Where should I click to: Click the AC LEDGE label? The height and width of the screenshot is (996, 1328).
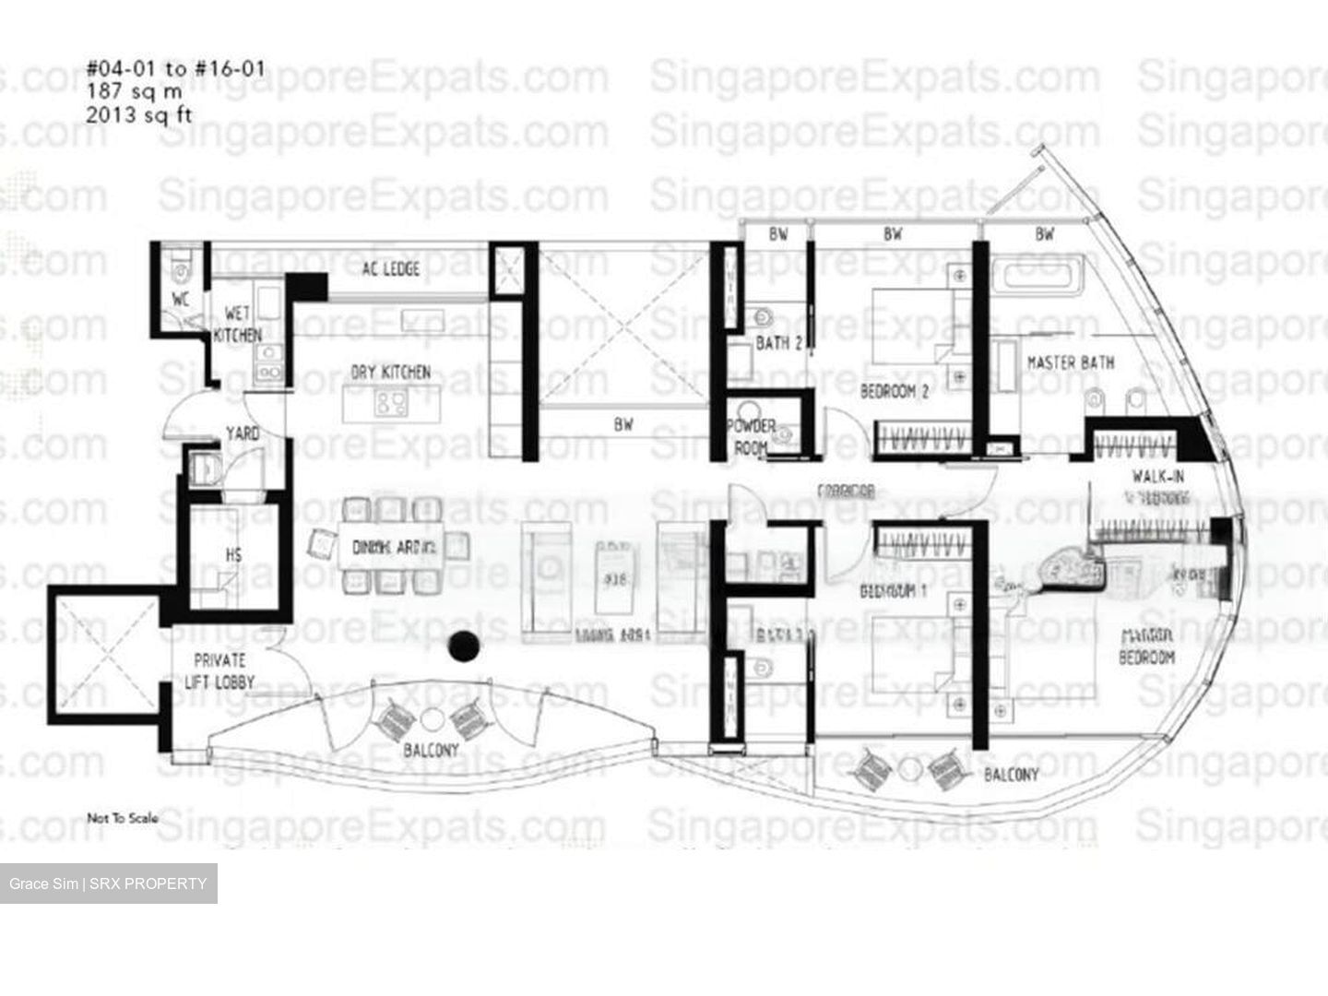click(390, 268)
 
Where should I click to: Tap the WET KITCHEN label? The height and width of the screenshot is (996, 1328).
click(237, 325)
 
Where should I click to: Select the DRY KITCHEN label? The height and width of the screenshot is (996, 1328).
click(390, 373)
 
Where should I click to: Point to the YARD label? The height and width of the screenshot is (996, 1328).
click(243, 433)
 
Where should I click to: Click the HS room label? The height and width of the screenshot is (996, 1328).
click(234, 555)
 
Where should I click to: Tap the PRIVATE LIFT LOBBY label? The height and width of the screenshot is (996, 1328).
click(219, 671)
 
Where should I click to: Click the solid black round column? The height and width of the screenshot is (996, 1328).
click(462, 647)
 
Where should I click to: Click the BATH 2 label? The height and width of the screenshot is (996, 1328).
click(778, 344)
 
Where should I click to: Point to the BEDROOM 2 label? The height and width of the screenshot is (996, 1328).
click(894, 391)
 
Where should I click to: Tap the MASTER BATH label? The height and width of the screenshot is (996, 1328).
click(1071, 362)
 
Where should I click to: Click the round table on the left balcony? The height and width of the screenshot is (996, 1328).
click(432, 719)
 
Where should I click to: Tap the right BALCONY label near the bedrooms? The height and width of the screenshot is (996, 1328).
click(1011, 775)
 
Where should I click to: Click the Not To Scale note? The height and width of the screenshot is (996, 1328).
click(123, 818)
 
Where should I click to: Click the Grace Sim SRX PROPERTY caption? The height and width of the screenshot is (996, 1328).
click(108, 883)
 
